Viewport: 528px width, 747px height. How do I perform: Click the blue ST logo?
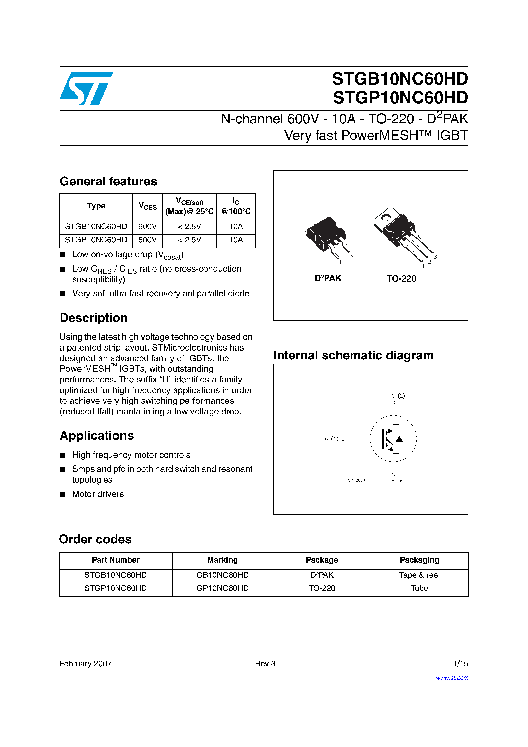pos(86,88)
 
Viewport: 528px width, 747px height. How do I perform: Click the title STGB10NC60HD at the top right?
pos(400,79)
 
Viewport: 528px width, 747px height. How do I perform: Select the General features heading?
pos(108,181)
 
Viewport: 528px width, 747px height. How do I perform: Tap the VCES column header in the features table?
pos(147,206)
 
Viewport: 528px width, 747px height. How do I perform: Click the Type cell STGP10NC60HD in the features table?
pos(96,240)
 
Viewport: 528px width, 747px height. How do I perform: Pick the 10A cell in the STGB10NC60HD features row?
pos(236,227)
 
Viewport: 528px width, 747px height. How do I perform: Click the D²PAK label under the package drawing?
pos(328,278)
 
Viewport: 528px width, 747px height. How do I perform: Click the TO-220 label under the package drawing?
pos(401,279)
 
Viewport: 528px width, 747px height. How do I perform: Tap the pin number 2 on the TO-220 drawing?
pos(429,262)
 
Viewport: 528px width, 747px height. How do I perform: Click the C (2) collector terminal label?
pos(398,396)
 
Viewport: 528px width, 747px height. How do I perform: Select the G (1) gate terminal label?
pos(331,439)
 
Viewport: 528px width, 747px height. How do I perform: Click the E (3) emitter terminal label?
pos(398,482)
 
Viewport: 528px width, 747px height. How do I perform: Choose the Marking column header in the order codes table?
pos(222,560)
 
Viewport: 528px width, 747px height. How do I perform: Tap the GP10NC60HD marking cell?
pos(222,589)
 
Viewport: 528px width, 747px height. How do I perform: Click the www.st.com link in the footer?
pos(452,678)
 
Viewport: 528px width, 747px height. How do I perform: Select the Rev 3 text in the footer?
pos(265,664)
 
